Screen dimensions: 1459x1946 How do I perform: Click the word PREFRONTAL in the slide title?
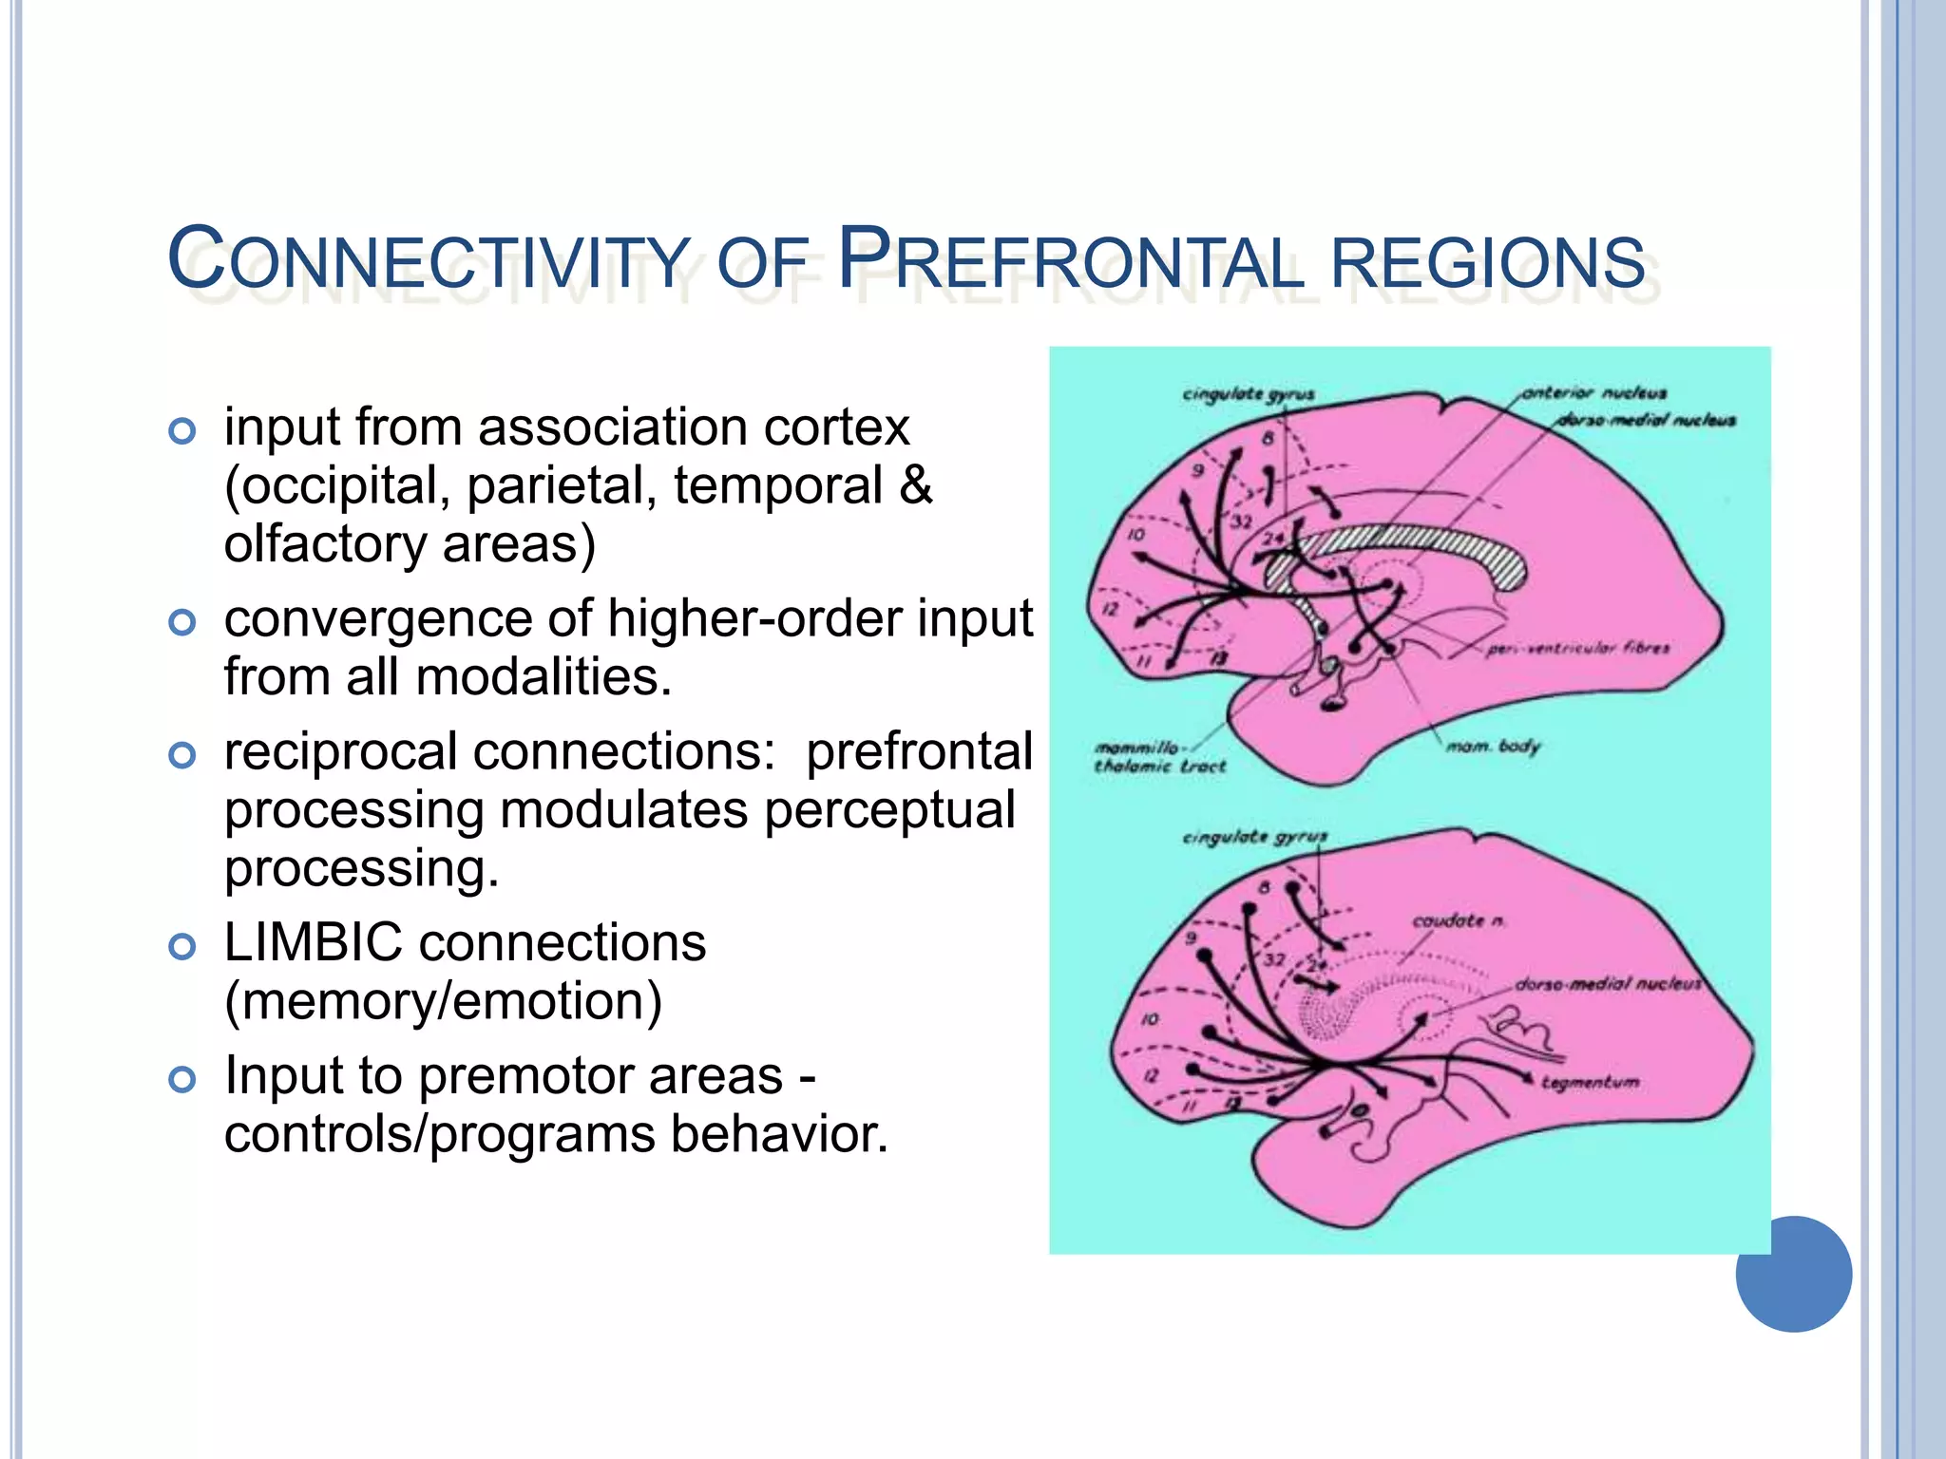[x=1068, y=260]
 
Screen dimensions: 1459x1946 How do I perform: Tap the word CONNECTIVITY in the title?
[x=429, y=260]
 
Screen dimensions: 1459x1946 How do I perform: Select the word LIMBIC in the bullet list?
[x=313, y=943]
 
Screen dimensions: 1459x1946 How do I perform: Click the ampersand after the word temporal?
[x=914, y=485]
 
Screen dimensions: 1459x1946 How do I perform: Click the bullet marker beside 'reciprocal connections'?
[x=181, y=756]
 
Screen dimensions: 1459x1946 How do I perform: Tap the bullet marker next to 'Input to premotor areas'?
[x=181, y=1080]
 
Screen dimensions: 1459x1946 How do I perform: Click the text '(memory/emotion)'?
[x=443, y=1001]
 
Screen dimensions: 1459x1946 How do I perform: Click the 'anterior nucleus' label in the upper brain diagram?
[x=1593, y=393]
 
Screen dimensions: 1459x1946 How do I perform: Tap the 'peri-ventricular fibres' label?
[x=1577, y=649]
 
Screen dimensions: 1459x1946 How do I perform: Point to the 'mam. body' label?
[x=1492, y=747]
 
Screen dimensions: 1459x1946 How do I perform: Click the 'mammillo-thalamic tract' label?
[x=1159, y=757]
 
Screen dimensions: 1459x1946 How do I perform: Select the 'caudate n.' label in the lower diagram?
[x=1458, y=920]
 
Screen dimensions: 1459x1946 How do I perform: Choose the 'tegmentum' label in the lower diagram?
[x=1590, y=1082]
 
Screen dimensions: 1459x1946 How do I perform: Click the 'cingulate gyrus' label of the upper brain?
[x=1249, y=394]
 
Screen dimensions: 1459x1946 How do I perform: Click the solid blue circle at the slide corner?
[x=1793, y=1274]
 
